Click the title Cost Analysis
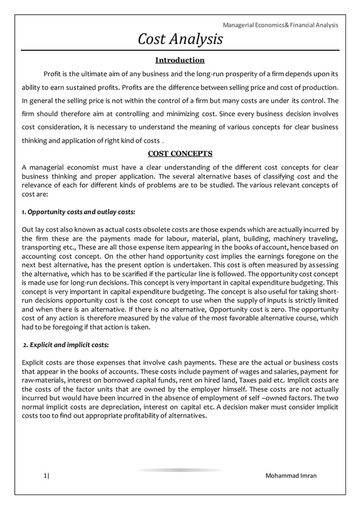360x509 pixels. tap(181, 39)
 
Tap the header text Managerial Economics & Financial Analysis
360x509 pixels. tap(280, 25)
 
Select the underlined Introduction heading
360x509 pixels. tap(179, 60)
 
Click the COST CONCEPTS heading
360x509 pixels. tap(179, 153)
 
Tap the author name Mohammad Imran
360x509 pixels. tap(291, 476)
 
